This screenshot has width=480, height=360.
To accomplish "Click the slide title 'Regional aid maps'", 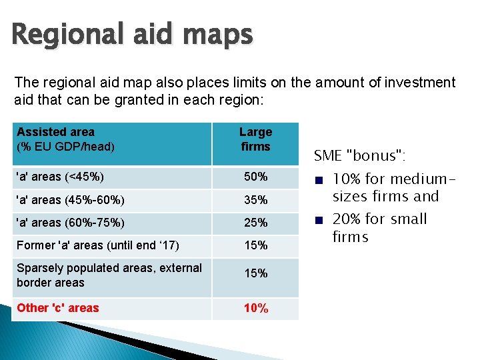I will point(132,35).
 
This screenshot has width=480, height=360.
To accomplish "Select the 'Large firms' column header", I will point(255,139).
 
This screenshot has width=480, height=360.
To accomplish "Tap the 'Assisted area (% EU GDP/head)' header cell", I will point(65,139).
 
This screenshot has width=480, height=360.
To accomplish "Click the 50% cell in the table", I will point(255,177).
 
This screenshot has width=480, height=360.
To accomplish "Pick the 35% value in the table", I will point(255,200).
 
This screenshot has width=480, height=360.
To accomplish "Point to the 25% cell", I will point(255,223).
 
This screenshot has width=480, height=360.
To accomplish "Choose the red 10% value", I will point(255,308).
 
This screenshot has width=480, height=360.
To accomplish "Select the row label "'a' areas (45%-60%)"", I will point(70,200).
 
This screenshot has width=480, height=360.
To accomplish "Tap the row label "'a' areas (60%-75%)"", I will point(70,223).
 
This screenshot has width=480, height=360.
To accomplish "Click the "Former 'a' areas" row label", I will point(97,245).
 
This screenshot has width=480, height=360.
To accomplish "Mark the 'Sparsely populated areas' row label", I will point(109,275).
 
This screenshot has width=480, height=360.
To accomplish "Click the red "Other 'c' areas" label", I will point(57,308).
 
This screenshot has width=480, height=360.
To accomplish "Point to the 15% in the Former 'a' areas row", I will point(255,245).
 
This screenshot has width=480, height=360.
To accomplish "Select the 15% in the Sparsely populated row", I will point(255,273).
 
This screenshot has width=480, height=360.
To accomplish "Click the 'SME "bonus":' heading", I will point(359,156).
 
